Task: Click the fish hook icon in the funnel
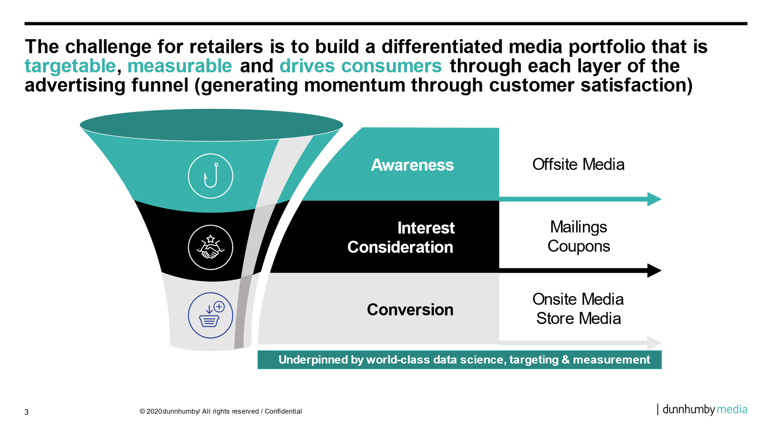point(210,176)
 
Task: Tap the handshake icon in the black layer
point(210,247)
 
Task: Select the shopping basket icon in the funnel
point(210,315)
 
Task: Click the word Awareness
point(412,165)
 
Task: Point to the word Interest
point(426,228)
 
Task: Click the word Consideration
point(400,247)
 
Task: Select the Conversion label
point(410,310)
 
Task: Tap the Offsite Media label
point(578,164)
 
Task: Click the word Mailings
point(578,227)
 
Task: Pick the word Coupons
point(578,246)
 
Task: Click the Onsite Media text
point(578,299)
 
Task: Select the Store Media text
point(578,319)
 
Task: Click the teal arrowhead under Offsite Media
point(654,199)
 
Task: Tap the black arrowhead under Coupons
point(654,270)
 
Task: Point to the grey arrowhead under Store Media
point(654,343)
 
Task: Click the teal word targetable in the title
point(70,66)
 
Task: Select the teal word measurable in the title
point(179,66)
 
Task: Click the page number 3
point(27,412)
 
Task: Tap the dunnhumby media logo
point(704,409)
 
